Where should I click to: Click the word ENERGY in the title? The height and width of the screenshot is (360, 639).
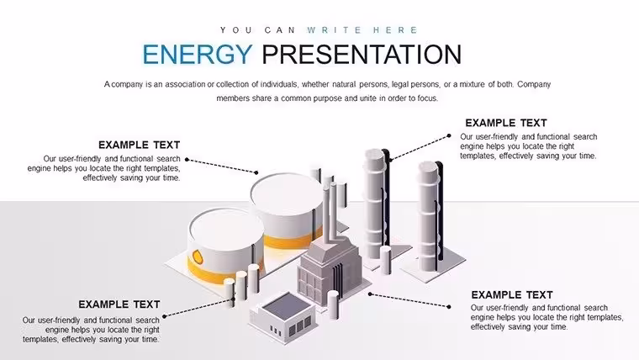[x=198, y=54]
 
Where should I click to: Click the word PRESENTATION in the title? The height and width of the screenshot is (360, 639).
[x=362, y=54]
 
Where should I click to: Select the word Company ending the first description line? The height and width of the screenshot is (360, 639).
[x=534, y=84]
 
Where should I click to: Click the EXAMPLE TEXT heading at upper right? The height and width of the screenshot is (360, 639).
[x=506, y=123]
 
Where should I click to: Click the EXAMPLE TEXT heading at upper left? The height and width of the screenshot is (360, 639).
[x=139, y=145]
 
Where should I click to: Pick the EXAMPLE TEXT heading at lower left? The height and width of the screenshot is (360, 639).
[x=119, y=304]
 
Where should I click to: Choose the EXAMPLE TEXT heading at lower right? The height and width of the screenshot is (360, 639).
[x=512, y=294]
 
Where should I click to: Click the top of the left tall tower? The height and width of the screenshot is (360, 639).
[x=374, y=155]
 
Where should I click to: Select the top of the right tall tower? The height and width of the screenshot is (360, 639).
[x=428, y=167]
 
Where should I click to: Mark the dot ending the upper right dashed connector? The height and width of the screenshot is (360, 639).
[x=449, y=135]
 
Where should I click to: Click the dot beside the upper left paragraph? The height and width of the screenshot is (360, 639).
[x=187, y=160]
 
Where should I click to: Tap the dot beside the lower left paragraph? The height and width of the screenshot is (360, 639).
[x=164, y=316]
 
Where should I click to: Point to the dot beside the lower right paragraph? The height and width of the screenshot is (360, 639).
[x=449, y=307]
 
